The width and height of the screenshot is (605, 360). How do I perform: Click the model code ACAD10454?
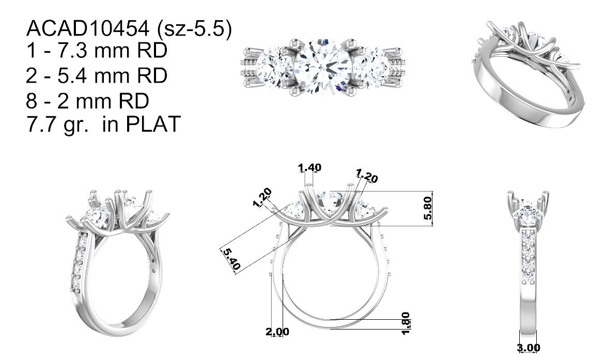point(88,28)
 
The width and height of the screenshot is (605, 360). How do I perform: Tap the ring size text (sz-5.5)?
point(194,29)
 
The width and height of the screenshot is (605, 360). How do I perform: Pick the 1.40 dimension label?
point(309,167)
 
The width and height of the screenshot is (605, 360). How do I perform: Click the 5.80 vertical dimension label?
point(427,208)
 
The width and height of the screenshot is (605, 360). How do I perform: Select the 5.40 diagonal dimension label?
point(231,259)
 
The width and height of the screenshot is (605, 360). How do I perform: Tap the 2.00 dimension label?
point(277,332)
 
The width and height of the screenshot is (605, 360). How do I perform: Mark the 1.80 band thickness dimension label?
point(406,323)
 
